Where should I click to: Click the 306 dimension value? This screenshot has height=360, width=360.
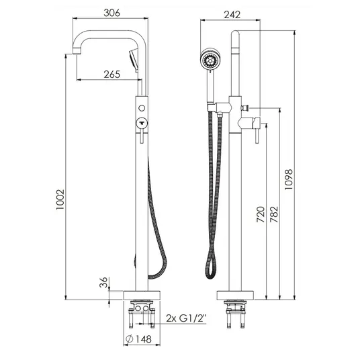coord(111,13)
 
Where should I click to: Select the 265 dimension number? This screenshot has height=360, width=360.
coord(111,74)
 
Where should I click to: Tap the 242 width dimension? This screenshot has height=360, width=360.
coord(232,15)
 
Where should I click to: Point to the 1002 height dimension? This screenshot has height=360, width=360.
coord(60,199)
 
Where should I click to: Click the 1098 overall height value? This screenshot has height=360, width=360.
coord(289,179)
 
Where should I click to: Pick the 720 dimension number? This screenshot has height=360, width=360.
coord(261,214)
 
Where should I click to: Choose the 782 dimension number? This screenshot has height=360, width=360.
coord(274,214)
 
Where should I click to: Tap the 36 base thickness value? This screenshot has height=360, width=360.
coord(103,282)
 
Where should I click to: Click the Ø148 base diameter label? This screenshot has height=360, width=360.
coord(139,339)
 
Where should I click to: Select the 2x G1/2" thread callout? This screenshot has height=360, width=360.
coord(186,318)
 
